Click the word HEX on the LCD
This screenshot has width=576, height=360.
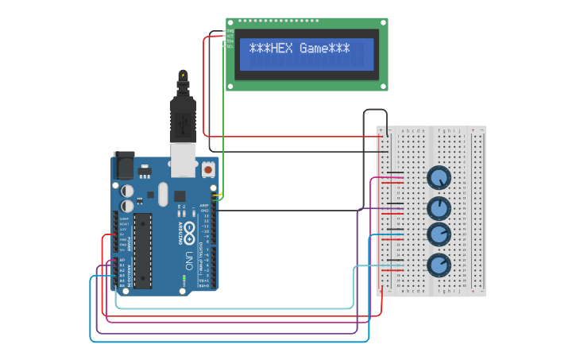tap(282, 48)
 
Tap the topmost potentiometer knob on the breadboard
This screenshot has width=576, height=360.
tap(439, 178)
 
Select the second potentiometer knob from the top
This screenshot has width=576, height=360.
tap(439, 208)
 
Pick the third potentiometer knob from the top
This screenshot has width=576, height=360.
tap(439, 234)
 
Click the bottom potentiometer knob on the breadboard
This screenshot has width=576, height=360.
tap(439, 265)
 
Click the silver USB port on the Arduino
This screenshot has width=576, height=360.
tap(184, 160)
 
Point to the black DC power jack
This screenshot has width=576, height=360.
tap(123, 165)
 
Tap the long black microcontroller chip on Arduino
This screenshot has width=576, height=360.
tap(142, 250)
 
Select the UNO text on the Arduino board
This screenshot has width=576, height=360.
tap(188, 260)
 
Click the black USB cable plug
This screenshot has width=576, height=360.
tap(183, 119)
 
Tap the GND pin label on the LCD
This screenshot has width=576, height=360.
tap(230, 32)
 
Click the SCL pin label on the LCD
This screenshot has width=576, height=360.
tap(230, 46)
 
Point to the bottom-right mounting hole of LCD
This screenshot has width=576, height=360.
tap(382, 85)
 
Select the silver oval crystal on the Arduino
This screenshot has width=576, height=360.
tap(164, 194)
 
